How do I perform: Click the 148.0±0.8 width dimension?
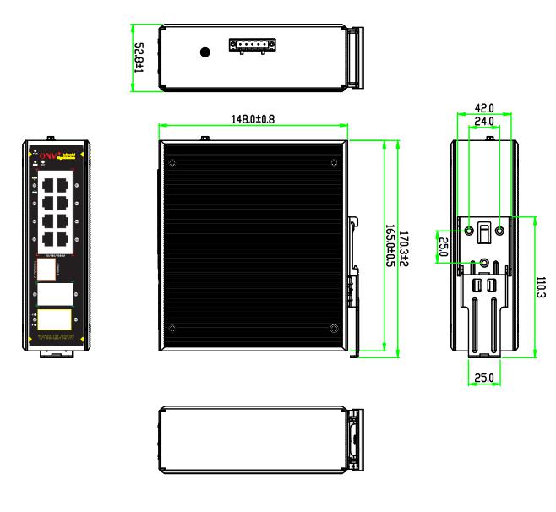[253, 120]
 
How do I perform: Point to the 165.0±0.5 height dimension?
[390, 246]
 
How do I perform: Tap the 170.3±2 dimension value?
[406, 246]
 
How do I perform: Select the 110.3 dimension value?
[541, 286]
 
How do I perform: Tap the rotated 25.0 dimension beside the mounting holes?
[442, 247]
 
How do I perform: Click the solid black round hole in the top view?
[204, 52]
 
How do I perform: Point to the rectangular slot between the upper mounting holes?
[484, 231]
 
